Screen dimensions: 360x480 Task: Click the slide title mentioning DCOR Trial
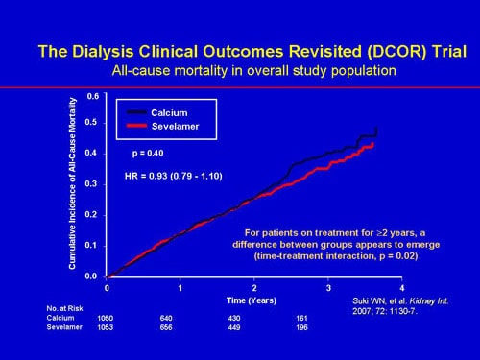click(x=240, y=51)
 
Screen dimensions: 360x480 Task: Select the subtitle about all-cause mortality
click(x=240, y=71)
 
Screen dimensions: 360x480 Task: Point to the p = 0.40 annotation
click(x=149, y=153)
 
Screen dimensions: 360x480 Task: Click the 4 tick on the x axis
click(x=401, y=287)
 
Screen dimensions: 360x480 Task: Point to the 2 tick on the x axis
click(x=254, y=287)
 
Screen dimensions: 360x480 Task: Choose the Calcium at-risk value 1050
click(x=107, y=317)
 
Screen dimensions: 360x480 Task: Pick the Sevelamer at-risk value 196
click(x=327, y=327)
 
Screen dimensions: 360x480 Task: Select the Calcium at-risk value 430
click(x=253, y=317)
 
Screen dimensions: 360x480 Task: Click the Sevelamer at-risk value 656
click(x=180, y=327)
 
